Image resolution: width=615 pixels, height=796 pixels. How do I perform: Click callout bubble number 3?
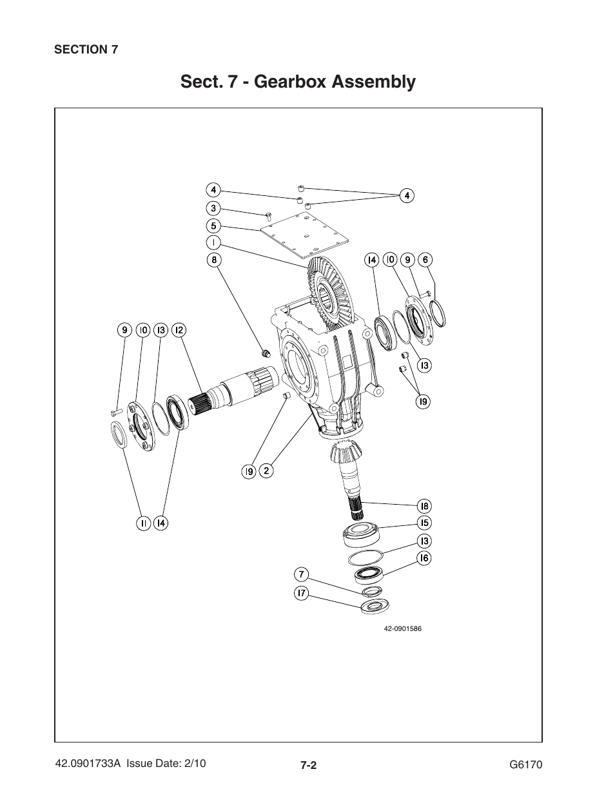click(213, 208)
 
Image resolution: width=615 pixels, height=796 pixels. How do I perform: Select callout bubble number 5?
click(213, 226)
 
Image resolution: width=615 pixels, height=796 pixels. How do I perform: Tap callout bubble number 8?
click(213, 260)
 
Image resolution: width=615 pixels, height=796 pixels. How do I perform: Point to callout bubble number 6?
click(424, 260)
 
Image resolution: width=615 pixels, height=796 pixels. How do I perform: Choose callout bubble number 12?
click(179, 330)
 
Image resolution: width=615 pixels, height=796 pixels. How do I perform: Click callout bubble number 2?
click(266, 471)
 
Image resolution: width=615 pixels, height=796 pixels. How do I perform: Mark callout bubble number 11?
click(143, 523)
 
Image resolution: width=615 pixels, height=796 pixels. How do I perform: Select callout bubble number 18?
click(424, 506)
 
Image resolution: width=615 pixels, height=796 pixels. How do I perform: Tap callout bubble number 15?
click(424, 523)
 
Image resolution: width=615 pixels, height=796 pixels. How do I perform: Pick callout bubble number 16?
click(424, 558)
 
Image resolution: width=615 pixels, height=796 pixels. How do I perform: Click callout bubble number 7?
click(301, 574)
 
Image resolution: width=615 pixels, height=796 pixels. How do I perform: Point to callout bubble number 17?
click(301, 594)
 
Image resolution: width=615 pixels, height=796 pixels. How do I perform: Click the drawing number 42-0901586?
click(402, 628)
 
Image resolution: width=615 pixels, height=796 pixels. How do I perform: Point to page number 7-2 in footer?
click(307, 766)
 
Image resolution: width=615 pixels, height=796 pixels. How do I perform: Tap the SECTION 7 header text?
click(86, 50)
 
